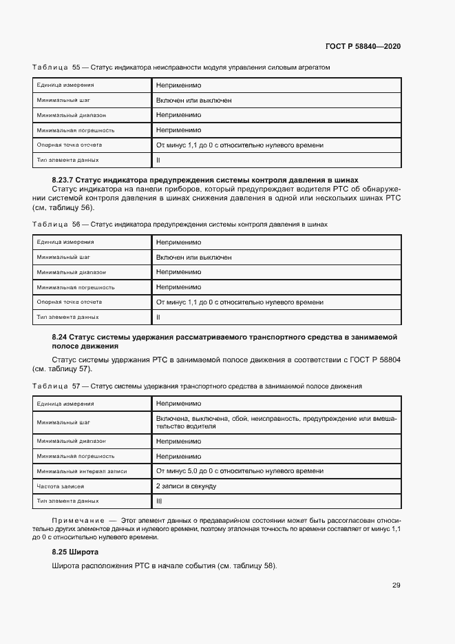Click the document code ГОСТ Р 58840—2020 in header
pos(363,46)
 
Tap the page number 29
pos(396,585)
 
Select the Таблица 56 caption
pos(180,225)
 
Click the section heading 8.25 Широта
pos(75,552)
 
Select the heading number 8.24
pos(61,337)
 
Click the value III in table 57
pos(159,501)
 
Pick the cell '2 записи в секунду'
pos(186,486)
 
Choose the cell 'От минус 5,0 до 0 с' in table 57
pos(240,471)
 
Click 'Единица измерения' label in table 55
pos(65,85)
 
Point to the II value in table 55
pos(158,160)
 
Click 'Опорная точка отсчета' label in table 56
pos(70,302)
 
